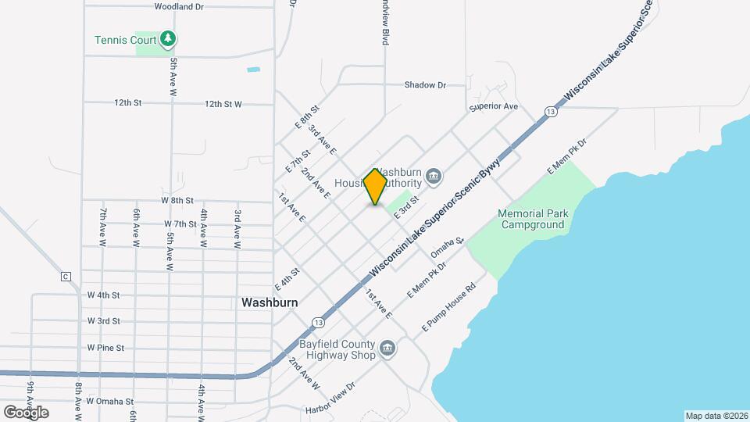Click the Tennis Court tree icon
[x=167, y=38]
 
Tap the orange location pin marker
[x=376, y=186]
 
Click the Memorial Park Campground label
[x=533, y=219]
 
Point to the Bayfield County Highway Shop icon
[x=387, y=349]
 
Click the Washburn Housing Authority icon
[x=435, y=177]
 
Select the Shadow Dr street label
[x=425, y=85]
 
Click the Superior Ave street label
[x=494, y=106]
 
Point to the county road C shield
[x=66, y=277]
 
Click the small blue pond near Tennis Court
[x=253, y=70]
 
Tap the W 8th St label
[x=177, y=201]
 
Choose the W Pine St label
[x=105, y=347]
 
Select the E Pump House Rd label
[x=448, y=306]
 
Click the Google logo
[x=26, y=412]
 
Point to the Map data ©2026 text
[x=716, y=416]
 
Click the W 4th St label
[x=103, y=295]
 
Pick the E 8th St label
[x=307, y=117]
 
